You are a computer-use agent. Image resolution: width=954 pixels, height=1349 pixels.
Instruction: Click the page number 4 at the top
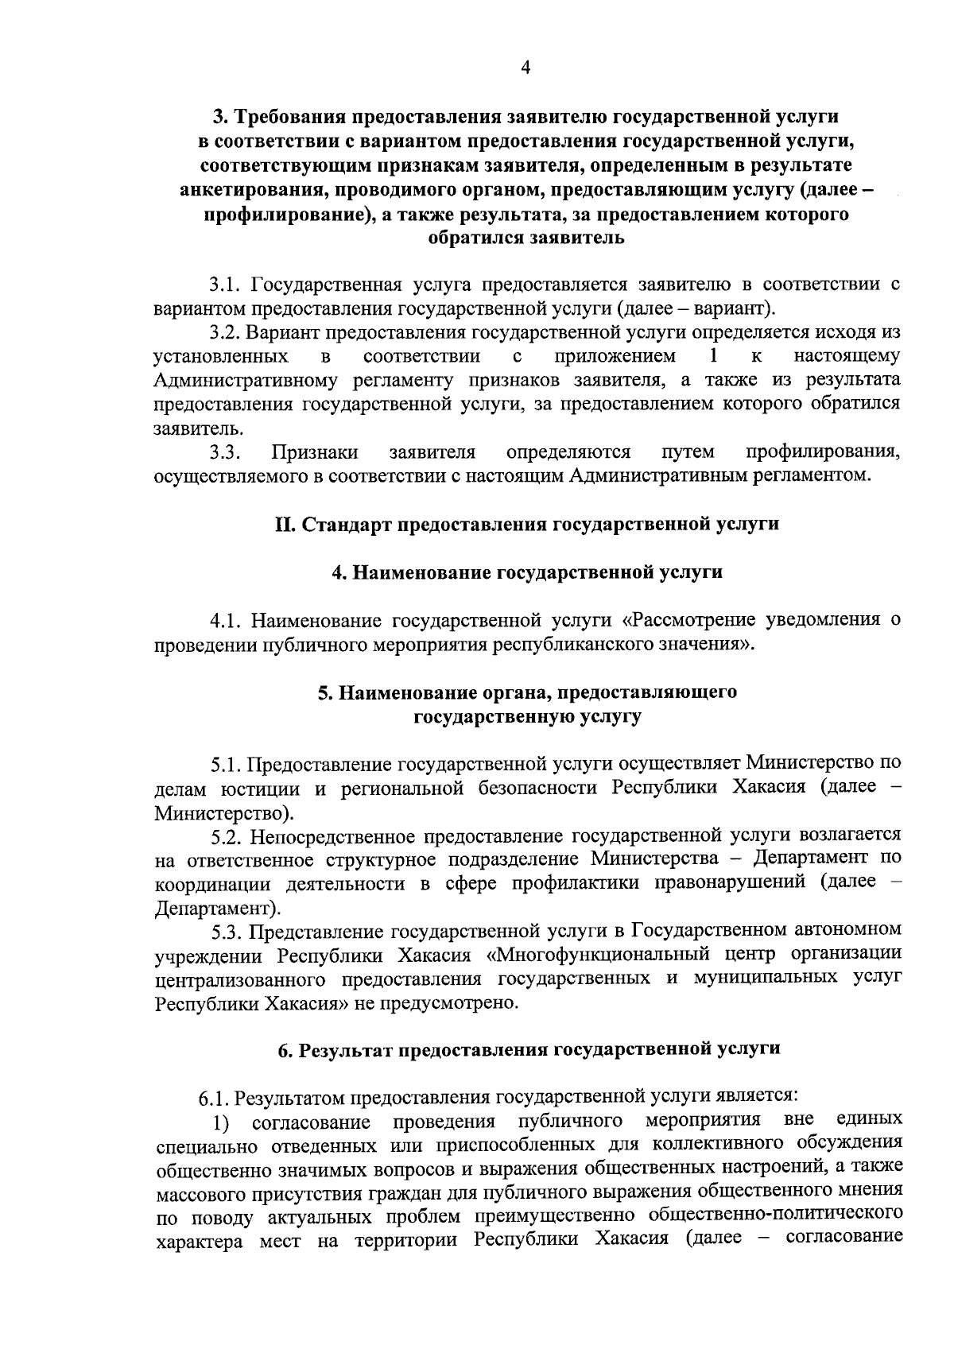pos(525,68)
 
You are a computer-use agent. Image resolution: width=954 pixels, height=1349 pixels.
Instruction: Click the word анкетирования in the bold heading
pos(249,190)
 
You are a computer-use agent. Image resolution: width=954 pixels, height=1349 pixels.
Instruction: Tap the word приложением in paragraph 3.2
pos(615,356)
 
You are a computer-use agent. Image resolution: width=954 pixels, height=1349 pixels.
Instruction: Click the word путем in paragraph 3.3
pos(688,452)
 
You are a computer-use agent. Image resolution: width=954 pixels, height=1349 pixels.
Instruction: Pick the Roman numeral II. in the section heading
pos(284,525)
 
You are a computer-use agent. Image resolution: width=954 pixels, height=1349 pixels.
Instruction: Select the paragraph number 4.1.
pos(226,621)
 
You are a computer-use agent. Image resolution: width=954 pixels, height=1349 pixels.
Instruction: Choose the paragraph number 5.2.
pos(227,836)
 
